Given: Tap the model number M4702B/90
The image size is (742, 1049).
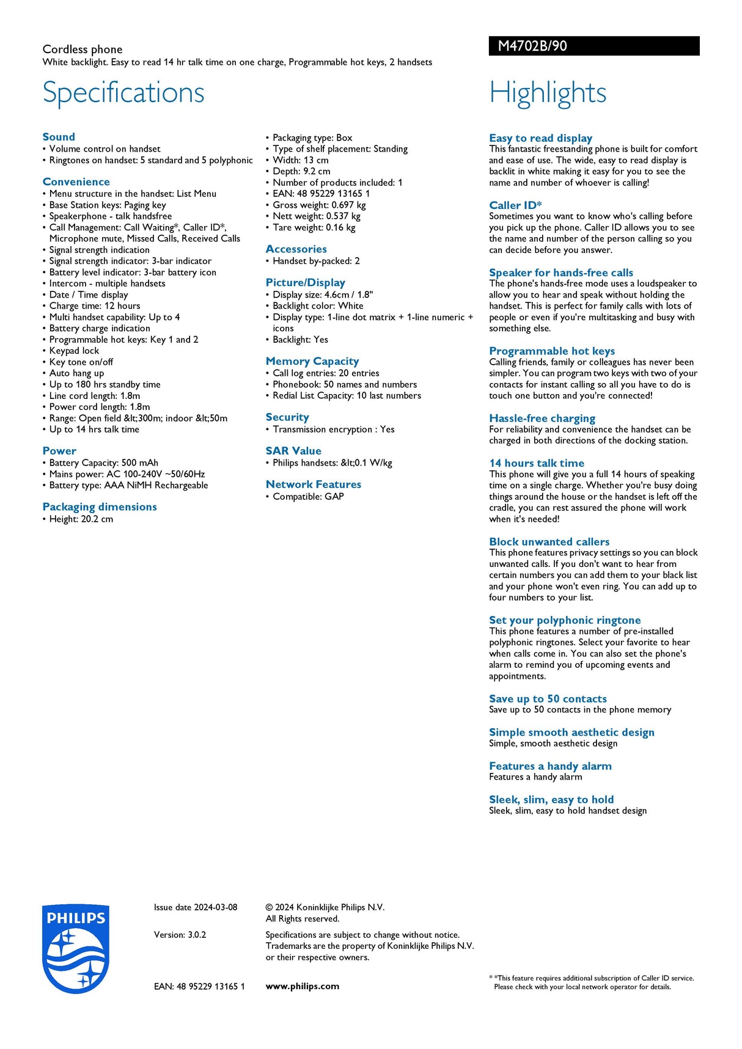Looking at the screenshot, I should (532, 46).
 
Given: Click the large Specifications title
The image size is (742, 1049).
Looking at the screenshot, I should (123, 93).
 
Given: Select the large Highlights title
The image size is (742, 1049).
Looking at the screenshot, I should (548, 93).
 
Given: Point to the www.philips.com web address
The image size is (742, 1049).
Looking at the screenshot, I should (302, 986).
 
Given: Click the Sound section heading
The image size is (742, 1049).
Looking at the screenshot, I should (59, 137).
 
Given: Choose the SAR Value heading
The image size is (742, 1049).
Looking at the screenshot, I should (293, 451).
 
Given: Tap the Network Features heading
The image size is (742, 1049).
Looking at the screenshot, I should (314, 484).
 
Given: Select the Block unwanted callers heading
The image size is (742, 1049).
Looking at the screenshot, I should (549, 542).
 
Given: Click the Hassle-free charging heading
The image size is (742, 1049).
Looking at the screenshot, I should (542, 419).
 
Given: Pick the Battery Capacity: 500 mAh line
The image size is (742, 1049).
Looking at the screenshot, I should (103, 463).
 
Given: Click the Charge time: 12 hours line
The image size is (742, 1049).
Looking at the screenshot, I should (95, 306).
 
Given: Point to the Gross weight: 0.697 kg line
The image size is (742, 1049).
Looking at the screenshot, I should (319, 205).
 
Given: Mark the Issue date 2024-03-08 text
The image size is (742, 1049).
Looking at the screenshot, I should (196, 907).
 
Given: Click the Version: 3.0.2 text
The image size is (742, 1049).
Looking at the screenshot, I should (180, 935).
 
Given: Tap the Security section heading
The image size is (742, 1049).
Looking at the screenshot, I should (287, 417).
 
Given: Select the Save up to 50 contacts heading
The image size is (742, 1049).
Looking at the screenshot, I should (548, 699).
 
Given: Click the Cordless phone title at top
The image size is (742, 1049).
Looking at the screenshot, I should (83, 49).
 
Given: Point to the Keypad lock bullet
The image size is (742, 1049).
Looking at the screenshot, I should (74, 351).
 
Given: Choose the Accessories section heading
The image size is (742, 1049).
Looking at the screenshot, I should (296, 249).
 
